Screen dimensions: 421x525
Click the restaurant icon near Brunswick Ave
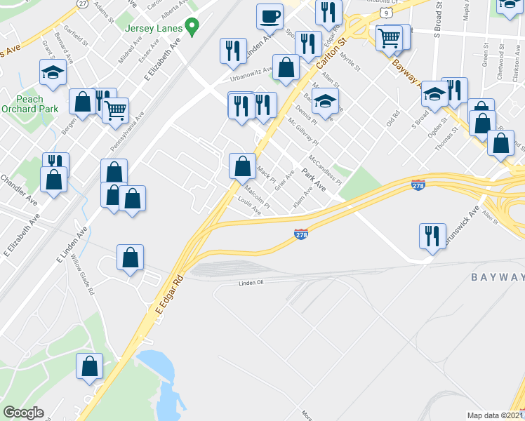(x=432, y=234)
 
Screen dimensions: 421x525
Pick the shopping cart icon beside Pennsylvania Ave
(x=115, y=109)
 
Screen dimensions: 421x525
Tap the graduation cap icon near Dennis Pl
(x=325, y=100)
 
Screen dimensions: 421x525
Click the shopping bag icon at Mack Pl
(x=242, y=166)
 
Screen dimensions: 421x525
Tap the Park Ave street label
(x=314, y=180)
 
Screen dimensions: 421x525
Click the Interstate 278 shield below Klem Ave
(x=300, y=235)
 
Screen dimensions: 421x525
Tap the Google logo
(x=24, y=413)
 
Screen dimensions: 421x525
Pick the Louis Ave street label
(x=249, y=207)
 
